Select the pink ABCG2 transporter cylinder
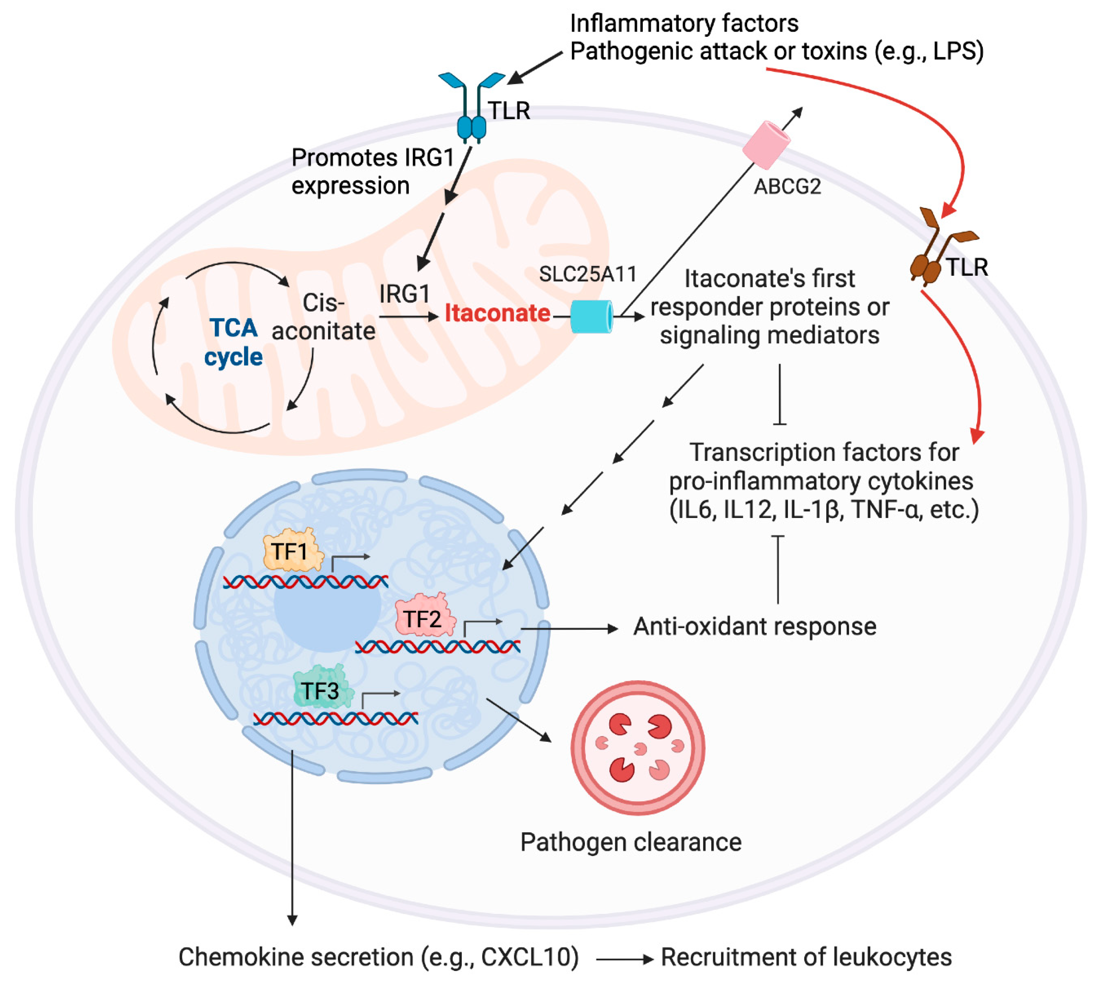click(766, 144)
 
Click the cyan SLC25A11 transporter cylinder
click(591, 317)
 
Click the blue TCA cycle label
click(233, 342)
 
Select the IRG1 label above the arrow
click(404, 294)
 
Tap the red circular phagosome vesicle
click(638, 748)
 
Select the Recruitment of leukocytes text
click(806, 957)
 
